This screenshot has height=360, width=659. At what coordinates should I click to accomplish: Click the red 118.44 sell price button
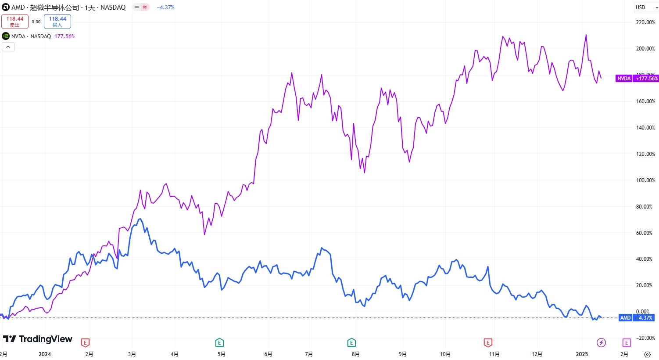[15, 22]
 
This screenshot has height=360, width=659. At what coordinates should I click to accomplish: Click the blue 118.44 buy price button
[57, 22]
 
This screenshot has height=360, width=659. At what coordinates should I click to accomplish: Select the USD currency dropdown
[646, 7]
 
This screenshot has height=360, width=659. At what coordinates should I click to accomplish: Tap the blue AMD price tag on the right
[637, 318]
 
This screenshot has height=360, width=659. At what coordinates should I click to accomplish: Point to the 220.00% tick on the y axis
[645, 22]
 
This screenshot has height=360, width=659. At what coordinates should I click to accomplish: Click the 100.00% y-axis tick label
[645, 180]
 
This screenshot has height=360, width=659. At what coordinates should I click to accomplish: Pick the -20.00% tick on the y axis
[645, 338]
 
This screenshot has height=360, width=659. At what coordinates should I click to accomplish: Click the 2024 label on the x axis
[45, 354]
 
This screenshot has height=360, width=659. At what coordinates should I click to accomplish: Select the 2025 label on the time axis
[582, 354]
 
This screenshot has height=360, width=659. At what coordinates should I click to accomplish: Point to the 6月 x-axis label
[268, 354]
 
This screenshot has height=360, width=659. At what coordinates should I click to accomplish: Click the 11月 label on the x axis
[494, 354]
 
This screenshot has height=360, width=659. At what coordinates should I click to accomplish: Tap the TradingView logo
[38, 339]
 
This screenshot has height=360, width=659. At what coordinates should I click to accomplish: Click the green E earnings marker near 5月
[219, 342]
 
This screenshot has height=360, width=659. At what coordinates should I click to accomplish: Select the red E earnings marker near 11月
[487, 342]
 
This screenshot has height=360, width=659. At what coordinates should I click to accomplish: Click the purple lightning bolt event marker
[601, 342]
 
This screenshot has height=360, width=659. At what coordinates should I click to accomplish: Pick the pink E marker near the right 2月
[627, 342]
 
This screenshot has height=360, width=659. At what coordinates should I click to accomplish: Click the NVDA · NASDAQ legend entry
[31, 36]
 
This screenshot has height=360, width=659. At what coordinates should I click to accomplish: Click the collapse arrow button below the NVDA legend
[8, 47]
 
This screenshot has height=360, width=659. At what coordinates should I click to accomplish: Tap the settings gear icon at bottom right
[647, 354]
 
